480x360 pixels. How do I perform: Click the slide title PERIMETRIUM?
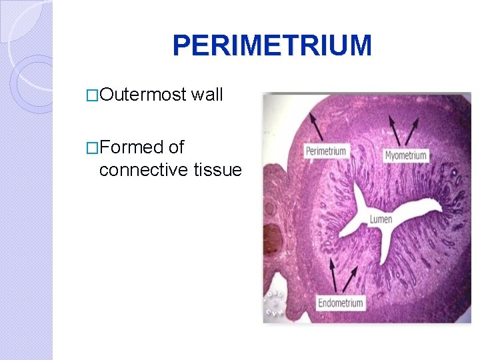pos(272,46)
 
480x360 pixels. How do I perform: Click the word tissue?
pos(217,170)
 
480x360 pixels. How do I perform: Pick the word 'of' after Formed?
pos(176,147)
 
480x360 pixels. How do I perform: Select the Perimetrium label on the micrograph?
pos(325,151)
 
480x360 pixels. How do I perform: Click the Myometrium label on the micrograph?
pos(405,155)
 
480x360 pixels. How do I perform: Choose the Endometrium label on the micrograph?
pos(340,303)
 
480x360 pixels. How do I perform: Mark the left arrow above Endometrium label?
pos(337,279)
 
